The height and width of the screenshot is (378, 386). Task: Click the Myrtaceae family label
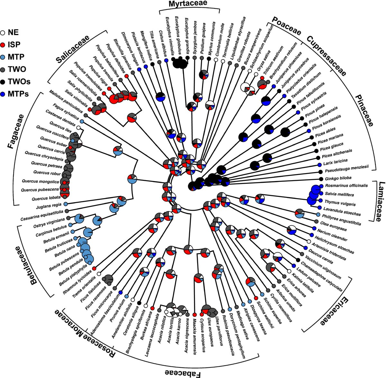pos(188,4)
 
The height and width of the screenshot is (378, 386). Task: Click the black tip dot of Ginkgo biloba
pos(321,179)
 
